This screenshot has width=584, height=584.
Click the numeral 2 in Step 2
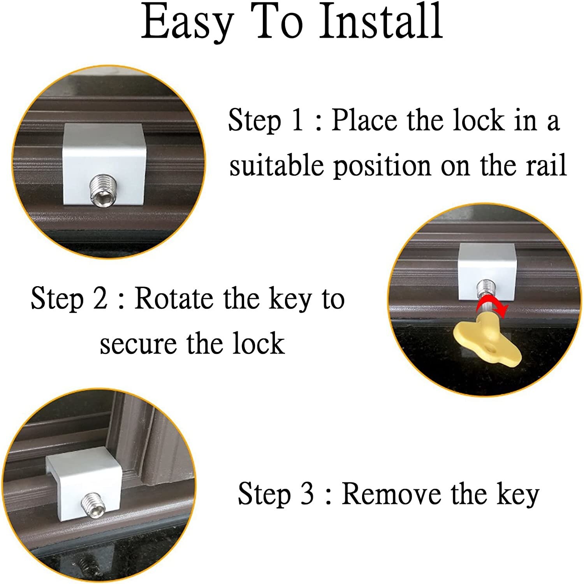pos(100,299)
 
